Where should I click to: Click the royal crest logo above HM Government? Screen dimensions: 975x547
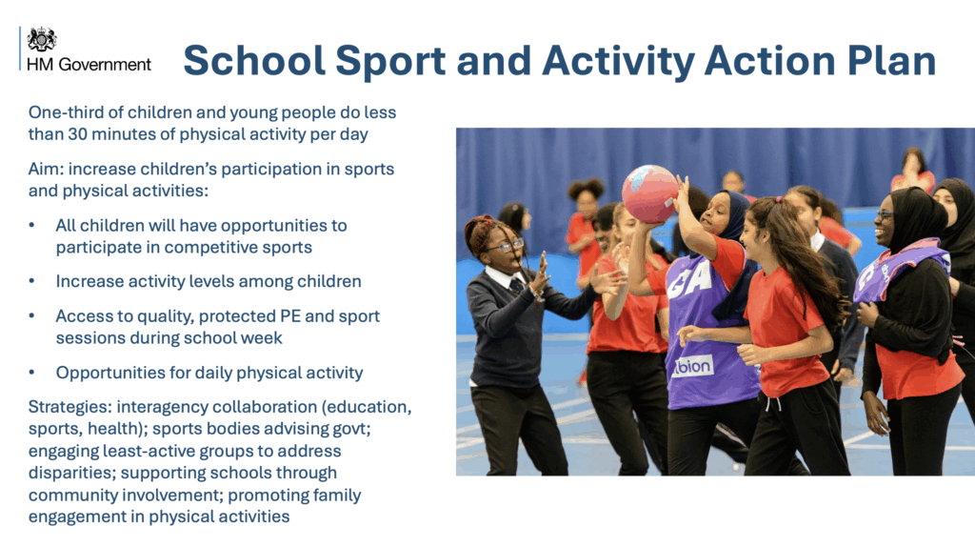(x=42, y=39)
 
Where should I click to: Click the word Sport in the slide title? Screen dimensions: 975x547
(x=390, y=61)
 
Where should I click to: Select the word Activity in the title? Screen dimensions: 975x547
(x=618, y=61)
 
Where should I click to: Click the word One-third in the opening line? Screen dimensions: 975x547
(x=66, y=112)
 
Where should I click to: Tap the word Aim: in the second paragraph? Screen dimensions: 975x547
(x=46, y=170)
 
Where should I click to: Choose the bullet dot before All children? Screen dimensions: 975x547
(x=31, y=225)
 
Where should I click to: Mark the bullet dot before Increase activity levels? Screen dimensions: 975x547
(x=31, y=281)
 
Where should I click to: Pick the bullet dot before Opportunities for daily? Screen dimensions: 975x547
(x=31, y=373)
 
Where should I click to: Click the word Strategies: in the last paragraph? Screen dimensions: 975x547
(x=70, y=407)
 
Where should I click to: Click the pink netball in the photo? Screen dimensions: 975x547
(x=649, y=193)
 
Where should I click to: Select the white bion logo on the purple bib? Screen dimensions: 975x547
(x=692, y=367)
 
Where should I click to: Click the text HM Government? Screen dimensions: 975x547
(x=89, y=65)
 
